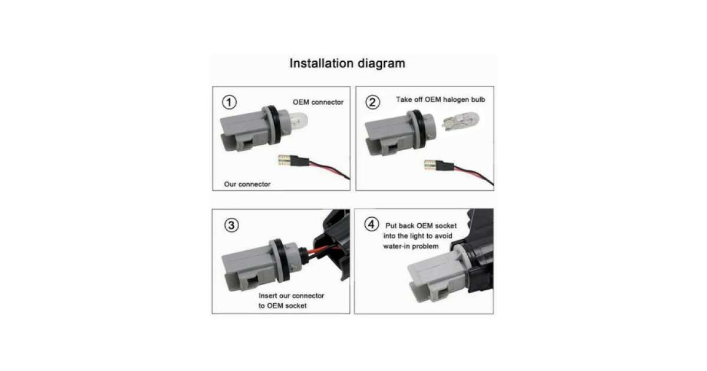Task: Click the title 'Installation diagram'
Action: (347, 64)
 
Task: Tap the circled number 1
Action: (229, 102)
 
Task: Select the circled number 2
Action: (373, 102)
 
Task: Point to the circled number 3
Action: (232, 225)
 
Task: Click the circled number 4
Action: (372, 224)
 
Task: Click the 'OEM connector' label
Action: (318, 102)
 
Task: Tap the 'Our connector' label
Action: (247, 184)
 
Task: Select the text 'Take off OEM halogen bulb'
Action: (440, 100)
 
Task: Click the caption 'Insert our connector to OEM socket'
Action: (291, 301)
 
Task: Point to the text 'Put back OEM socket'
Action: (421, 226)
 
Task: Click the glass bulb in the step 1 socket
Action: (298, 121)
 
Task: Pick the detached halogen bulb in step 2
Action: (461, 121)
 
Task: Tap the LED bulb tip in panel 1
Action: (285, 160)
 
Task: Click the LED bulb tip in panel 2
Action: (431, 165)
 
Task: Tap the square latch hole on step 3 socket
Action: (252, 281)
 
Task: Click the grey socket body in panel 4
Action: (437, 277)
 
